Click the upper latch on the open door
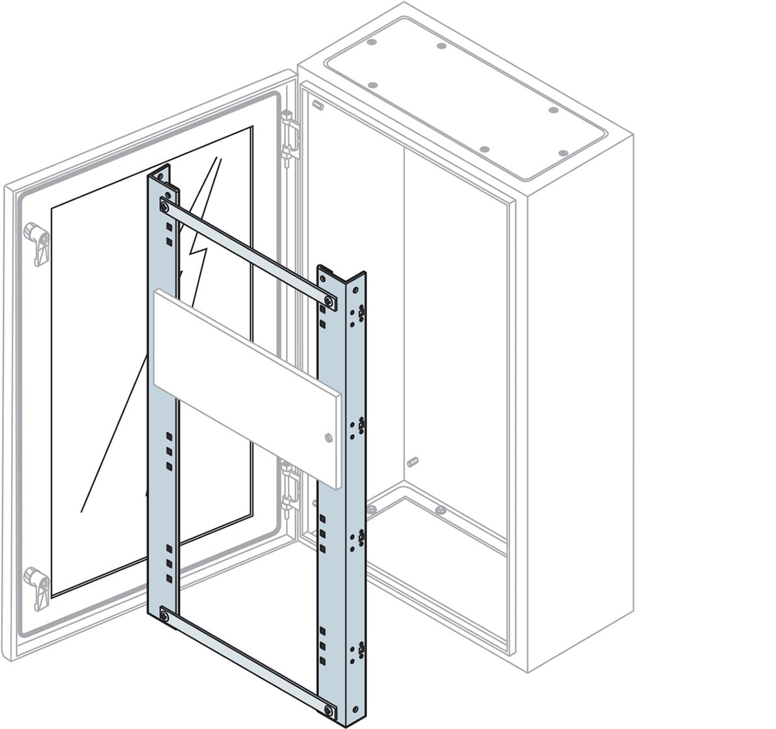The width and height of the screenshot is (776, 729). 38,244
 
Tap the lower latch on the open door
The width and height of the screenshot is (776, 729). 38,587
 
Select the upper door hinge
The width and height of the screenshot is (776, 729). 289,137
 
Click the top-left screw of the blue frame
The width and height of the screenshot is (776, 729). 164,208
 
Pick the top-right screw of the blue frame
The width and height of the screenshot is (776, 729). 330,301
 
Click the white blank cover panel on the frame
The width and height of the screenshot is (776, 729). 246,387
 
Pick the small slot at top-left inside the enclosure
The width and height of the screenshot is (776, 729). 318,104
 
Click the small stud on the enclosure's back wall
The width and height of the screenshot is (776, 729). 412,461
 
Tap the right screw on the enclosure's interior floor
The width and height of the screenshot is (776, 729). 440,510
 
